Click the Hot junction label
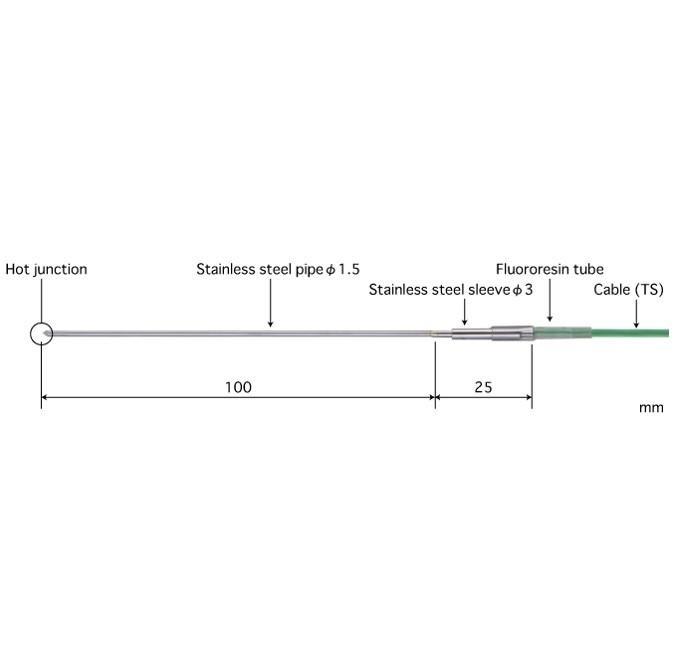[x=46, y=269]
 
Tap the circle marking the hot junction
[x=41, y=333]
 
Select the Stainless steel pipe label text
[x=261, y=269]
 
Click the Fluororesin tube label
[x=549, y=269]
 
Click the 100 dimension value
[x=238, y=387]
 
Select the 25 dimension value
[x=483, y=387]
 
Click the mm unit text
[x=651, y=408]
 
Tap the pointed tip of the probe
[x=47, y=333]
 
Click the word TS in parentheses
[x=650, y=290]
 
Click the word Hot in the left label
[x=17, y=269]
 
